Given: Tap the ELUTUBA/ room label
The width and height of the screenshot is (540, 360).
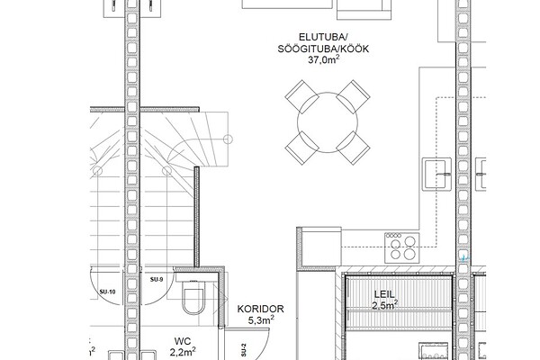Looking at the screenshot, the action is pos(324,37).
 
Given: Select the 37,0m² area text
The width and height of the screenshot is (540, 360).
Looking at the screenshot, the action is pos(324,59).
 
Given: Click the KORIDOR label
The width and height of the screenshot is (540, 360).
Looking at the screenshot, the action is pos(261,309).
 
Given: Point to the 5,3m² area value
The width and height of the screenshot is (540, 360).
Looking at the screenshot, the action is pos(261,320).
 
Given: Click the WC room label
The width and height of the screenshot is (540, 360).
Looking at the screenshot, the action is pos(183,341).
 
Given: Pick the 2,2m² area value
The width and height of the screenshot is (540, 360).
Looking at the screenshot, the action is pos(183,352).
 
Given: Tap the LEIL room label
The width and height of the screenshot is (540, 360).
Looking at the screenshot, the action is pos(384,294).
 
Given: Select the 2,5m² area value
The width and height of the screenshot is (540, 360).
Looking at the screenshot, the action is pos(385,305).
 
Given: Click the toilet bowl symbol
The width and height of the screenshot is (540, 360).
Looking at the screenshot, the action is pos(193,297).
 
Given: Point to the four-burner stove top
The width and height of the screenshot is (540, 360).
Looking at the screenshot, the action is pos(402,248).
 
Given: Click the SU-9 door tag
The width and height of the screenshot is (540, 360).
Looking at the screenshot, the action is pos(157,279).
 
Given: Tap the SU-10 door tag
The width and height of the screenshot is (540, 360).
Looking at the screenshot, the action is pos(107,292).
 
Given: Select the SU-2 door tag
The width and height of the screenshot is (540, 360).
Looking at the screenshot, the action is pos(244,350).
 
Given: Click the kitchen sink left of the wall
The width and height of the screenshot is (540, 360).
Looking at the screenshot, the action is pos(437,175).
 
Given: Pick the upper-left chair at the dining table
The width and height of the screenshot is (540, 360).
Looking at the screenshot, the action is pos(302,97).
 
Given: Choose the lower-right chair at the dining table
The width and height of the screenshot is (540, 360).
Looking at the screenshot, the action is pos(353,148).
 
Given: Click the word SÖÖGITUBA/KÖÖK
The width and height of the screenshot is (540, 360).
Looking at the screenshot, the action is pos(323,49).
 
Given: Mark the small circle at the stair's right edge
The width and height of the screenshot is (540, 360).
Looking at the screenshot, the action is pos(228,139).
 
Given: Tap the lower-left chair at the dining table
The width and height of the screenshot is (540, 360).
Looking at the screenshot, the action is pos(302,148).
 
